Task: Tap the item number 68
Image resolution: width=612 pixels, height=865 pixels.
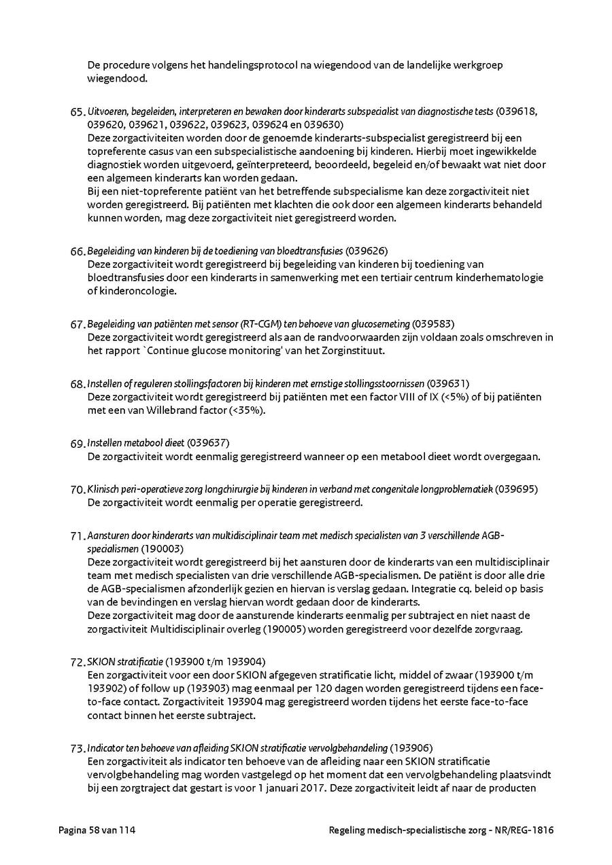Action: (77, 384)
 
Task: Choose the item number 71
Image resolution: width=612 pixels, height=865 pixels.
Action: (77, 536)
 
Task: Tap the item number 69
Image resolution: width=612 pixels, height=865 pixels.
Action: (77, 444)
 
